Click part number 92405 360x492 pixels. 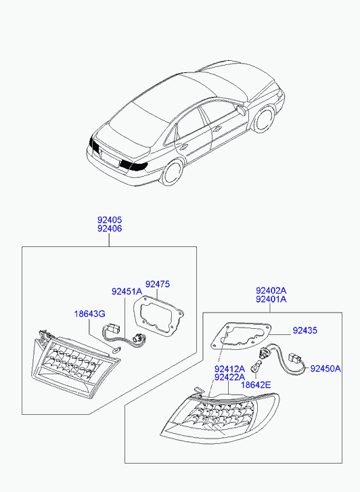pos(110,220)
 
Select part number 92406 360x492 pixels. pos(110,229)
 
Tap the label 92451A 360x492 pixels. pos(127,292)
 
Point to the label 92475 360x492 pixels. pos(158,284)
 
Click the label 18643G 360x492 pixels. pos(89,313)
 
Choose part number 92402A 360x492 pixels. pos(271,290)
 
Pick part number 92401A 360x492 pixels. pos(271,299)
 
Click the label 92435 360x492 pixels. pos(305,330)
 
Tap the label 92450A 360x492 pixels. pos(325,369)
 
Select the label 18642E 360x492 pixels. pos(256,384)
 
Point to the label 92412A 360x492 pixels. pos(229,368)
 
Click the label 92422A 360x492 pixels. pos(229,377)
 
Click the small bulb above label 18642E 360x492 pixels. pos(255,367)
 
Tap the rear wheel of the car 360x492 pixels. pos(172,171)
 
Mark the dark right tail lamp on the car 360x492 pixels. pos(133,165)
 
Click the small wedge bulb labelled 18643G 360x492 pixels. pos(116,350)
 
